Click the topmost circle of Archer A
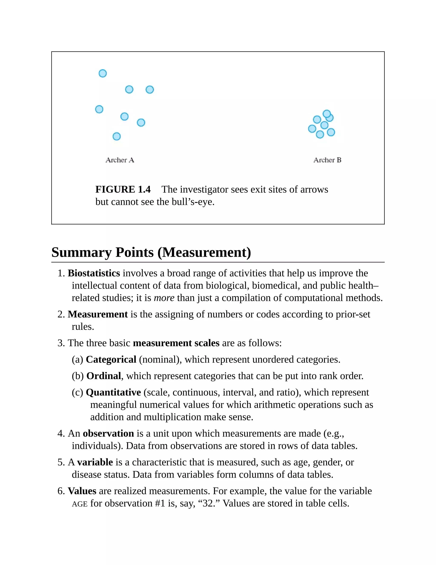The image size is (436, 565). coord(103,74)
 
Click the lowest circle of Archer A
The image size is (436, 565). coord(117,136)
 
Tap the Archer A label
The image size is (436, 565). coord(120,160)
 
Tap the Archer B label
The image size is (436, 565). coord(327,160)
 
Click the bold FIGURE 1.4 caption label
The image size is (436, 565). coord(123,189)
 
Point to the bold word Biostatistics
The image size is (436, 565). coord(94,273)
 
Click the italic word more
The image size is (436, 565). coord(164,298)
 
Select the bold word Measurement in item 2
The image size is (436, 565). coord(98,314)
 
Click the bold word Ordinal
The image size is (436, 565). coord(104,376)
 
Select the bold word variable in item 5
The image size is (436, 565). coord(95,462)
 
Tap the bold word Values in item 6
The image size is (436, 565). coord(82,491)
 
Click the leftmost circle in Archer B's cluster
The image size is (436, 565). coord(312,129)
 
